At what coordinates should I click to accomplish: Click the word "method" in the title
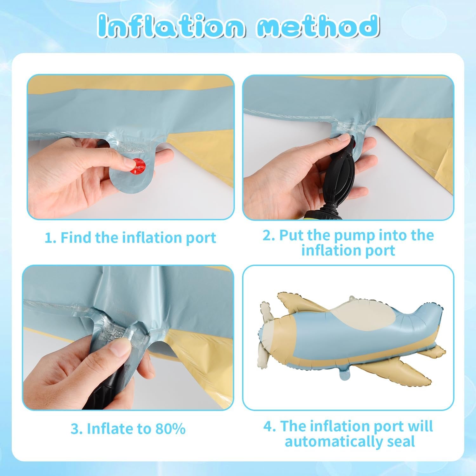click(318, 25)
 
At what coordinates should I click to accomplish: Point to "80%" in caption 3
click(170, 429)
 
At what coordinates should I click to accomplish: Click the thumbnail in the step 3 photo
click(121, 352)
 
